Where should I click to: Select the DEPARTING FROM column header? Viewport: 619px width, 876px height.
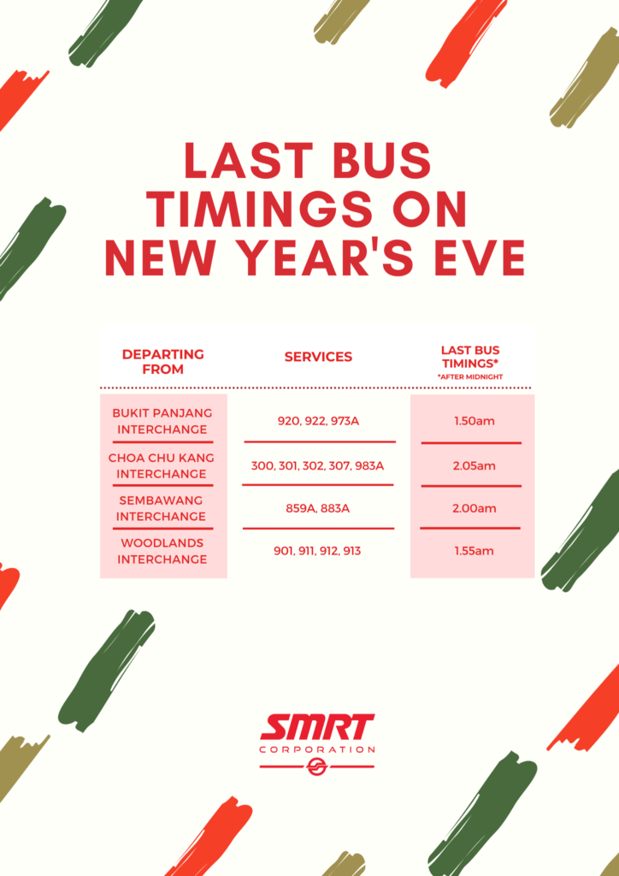coord(162,362)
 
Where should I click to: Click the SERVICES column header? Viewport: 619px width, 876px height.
coord(318,357)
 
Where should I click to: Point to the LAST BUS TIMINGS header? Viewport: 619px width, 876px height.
coord(470,356)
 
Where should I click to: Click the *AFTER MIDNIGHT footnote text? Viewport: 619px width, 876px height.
coord(470,376)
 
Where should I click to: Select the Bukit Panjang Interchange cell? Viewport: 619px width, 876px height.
coord(162,421)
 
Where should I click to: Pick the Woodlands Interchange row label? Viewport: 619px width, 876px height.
coord(162,551)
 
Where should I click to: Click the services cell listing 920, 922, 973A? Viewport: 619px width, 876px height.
coord(318,422)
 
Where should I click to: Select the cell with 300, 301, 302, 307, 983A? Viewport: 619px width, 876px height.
coord(318,466)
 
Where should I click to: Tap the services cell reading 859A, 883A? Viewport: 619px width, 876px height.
coord(318,508)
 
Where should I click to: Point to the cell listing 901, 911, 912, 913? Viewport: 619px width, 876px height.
coord(318,551)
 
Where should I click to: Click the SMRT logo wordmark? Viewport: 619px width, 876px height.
coord(317,728)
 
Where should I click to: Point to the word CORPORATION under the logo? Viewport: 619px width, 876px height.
coord(317,749)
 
